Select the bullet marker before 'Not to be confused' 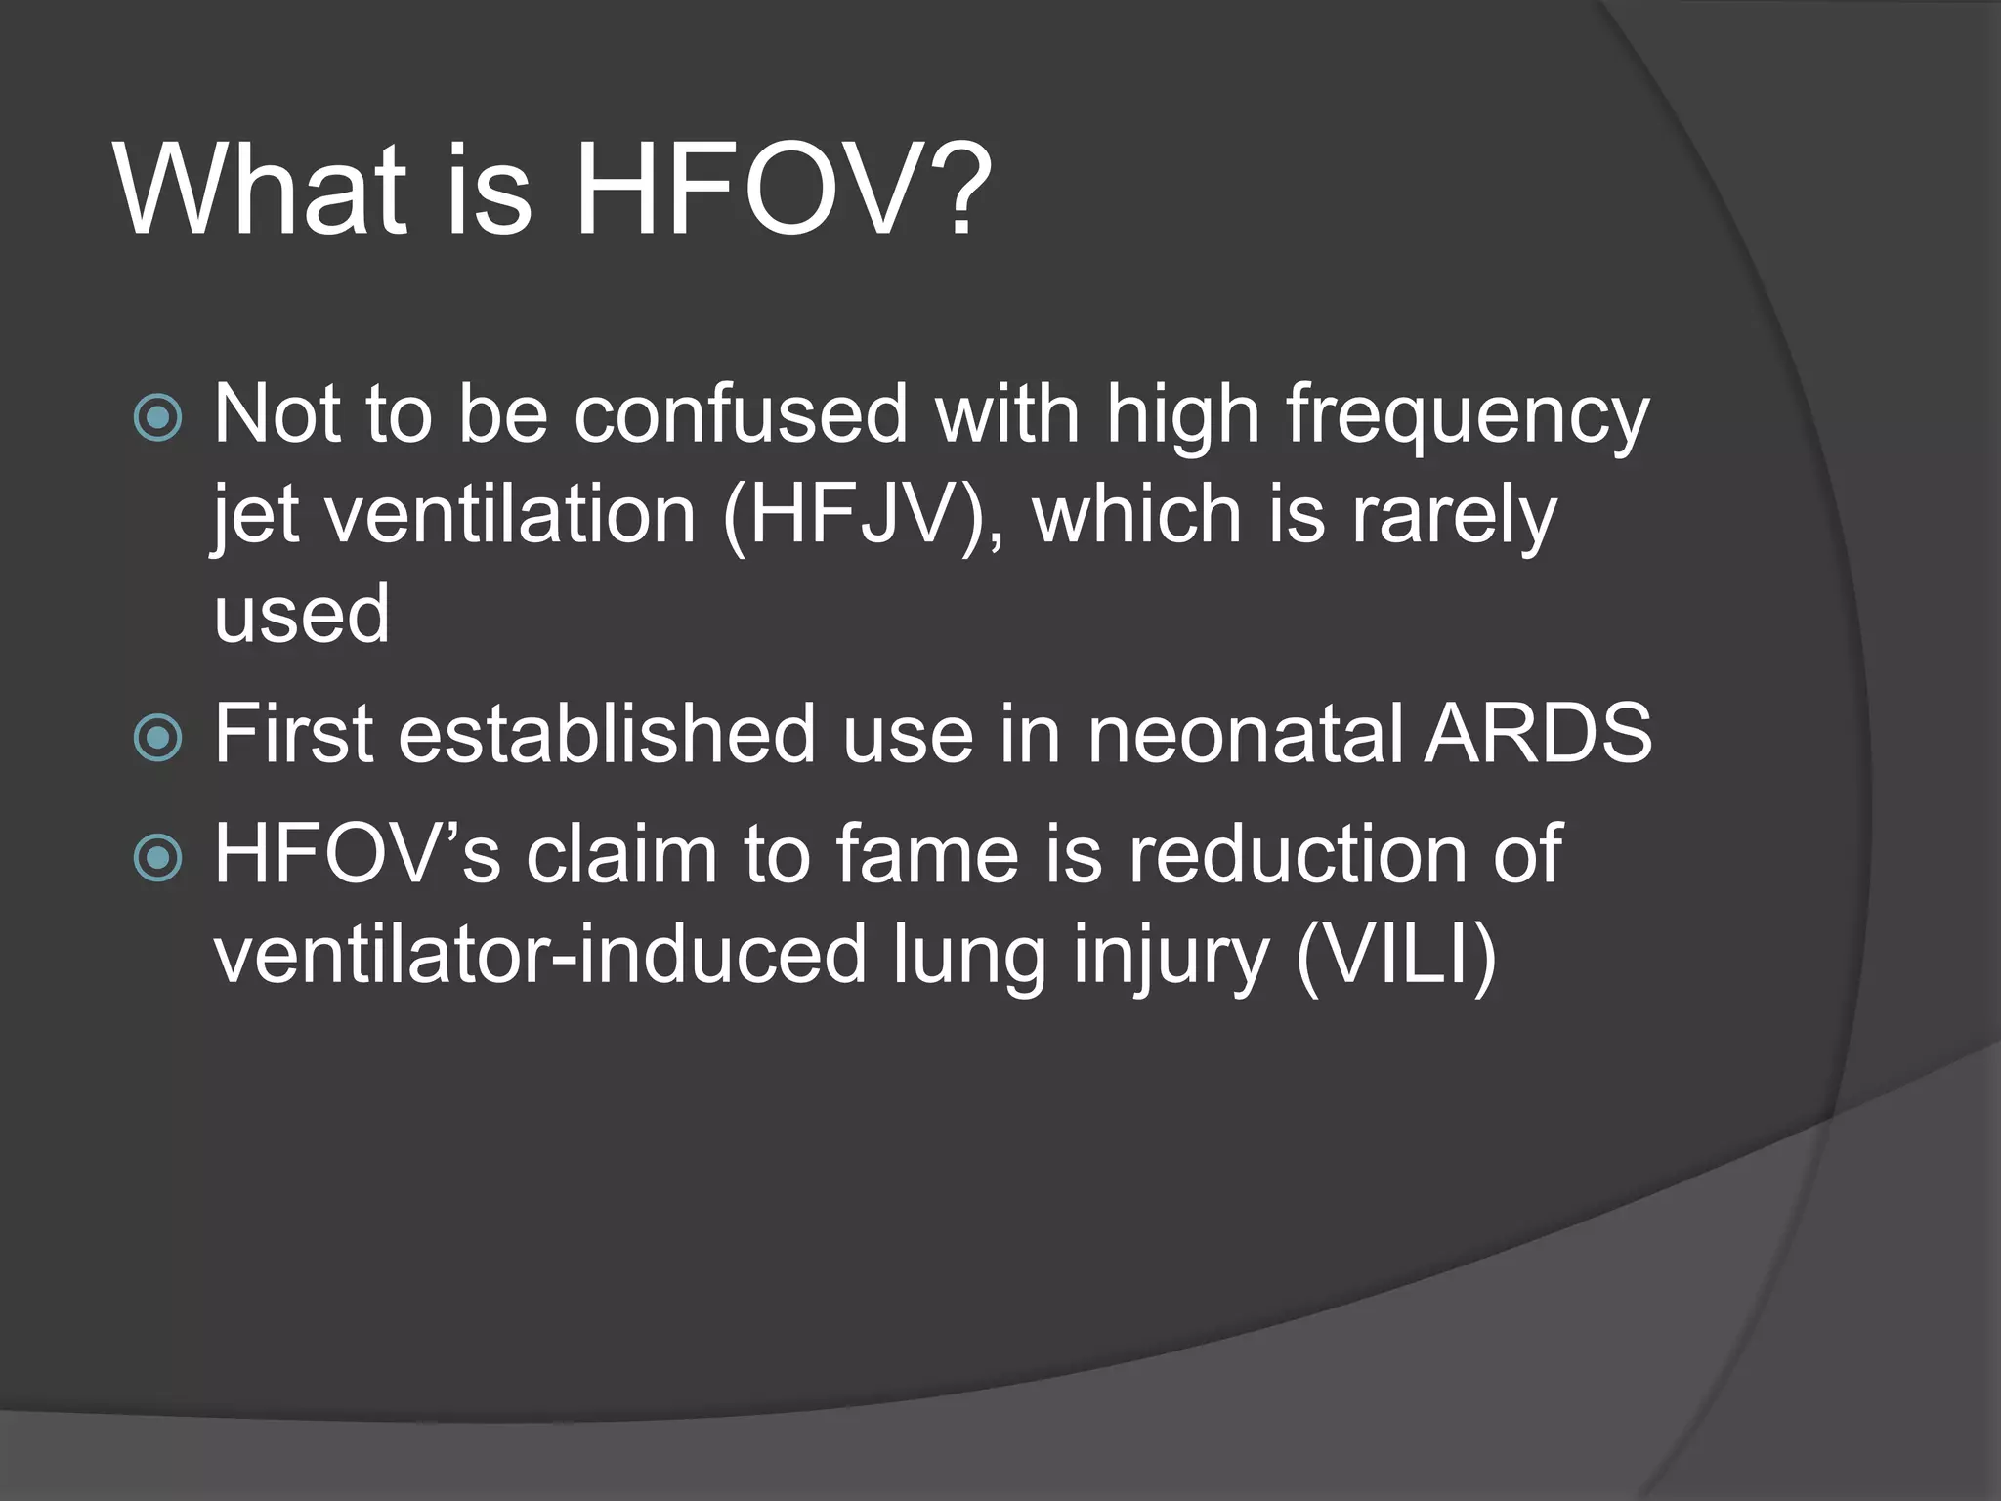[x=157, y=417]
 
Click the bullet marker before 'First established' [x=157, y=737]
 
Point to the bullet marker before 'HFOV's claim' [x=157, y=858]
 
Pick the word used [x=302, y=616]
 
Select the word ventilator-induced [x=539, y=955]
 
